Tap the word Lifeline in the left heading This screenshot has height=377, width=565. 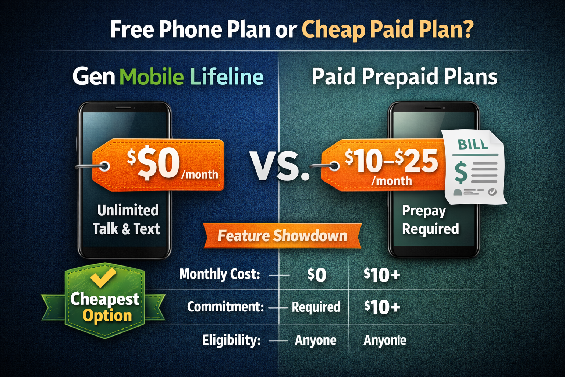[x=227, y=77]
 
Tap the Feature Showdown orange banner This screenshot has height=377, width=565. [x=282, y=236]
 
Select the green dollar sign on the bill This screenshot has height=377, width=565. [x=461, y=173]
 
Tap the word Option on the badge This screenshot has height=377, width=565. [x=107, y=316]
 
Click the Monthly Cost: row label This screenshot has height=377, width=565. [x=219, y=274]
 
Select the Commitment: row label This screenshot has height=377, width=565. [x=225, y=307]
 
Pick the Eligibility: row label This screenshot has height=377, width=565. [x=231, y=340]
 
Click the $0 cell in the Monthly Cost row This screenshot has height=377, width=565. [x=317, y=275]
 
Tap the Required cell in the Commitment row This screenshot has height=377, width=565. [x=316, y=307]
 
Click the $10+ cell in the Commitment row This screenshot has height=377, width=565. [x=382, y=307]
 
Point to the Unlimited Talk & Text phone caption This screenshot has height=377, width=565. [x=126, y=219]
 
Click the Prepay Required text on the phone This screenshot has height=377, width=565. [x=430, y=220]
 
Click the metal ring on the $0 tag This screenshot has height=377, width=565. [x=104, y=167]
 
